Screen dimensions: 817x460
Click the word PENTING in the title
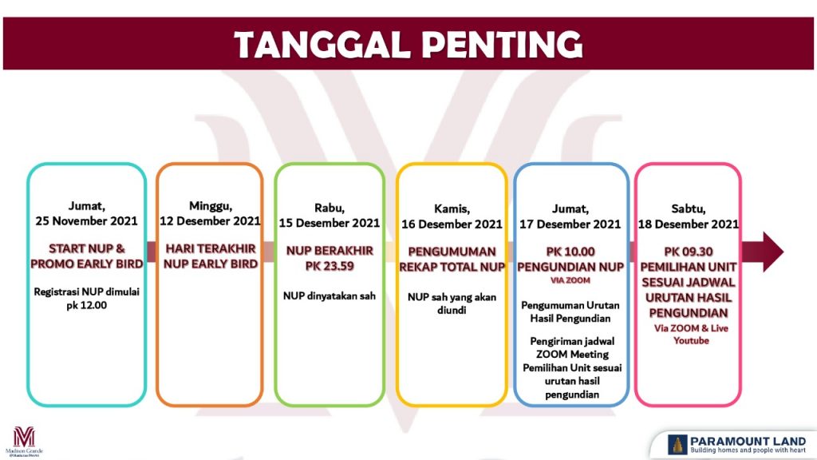point(502,45)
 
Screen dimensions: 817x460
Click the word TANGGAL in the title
point(322,45)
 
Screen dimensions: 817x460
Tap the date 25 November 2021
point(86,220)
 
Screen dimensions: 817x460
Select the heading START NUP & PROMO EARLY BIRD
point(86,256)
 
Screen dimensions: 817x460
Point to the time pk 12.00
point(86,305)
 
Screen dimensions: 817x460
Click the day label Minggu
point(211,206)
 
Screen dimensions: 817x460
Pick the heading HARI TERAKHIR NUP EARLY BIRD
point(211,256)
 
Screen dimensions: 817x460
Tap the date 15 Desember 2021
point(330,224)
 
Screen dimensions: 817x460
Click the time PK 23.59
point(330,266)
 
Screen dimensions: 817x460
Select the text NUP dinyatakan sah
point(330,295)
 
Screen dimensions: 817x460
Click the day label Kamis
point(452,209)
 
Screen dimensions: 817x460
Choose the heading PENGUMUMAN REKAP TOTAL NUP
point(452,260)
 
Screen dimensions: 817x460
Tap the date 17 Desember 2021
point(570,224)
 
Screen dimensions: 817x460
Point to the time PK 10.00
point(570,252)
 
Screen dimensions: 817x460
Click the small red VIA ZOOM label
point(570,280)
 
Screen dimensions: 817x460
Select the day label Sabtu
point(689,209)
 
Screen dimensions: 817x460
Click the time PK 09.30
point(689,252)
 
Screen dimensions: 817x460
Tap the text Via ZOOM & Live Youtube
point(691,335)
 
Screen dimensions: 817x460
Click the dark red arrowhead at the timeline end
point(772,252)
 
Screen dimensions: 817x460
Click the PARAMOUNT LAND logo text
point(748,441)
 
